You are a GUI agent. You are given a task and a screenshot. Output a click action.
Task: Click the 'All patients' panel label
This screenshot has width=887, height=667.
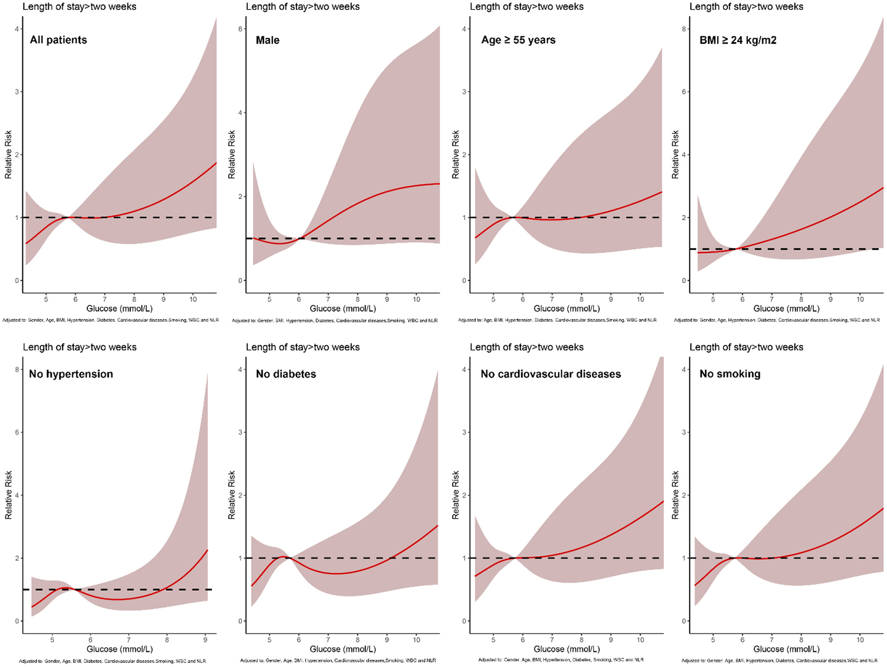(x=58, y=40)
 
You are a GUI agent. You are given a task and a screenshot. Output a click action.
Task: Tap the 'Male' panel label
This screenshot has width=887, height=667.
(x=267, y=40)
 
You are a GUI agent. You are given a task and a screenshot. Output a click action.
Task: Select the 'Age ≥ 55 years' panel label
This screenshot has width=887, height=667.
(x=518, y=40)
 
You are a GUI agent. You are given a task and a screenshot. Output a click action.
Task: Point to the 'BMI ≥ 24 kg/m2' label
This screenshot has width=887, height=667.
(x=738, y=40)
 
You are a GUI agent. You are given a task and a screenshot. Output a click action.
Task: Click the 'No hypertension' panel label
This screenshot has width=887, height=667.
(x=71, y=374)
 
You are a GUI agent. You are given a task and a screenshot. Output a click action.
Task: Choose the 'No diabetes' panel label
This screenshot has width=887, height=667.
(x=286, y=374)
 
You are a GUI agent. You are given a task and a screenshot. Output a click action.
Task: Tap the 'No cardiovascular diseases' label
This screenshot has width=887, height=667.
(x=551, y=374)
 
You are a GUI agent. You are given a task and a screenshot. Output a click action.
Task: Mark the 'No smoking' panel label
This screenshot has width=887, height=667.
(x=730, y=374)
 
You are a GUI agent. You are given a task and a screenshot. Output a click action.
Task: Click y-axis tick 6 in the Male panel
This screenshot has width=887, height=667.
(x=240, y=29)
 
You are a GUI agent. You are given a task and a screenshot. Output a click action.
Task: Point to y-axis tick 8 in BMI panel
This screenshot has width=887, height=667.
(x=684, y=29)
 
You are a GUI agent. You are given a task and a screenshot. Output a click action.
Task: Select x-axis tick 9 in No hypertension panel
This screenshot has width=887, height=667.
(x=205, y=639)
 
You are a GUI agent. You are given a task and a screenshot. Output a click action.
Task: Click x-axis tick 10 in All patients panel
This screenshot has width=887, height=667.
(x=193, y=299)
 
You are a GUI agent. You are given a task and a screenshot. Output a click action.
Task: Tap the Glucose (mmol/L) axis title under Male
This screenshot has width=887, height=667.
(x=343, y=309)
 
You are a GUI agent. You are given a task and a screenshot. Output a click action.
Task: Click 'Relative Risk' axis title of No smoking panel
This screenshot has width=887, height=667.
(x=675, y=494)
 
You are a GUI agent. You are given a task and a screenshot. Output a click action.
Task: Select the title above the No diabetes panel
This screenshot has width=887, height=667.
(x=303, y=347)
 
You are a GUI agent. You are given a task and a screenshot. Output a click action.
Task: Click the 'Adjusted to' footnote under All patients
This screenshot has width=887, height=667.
(x=110, y=320)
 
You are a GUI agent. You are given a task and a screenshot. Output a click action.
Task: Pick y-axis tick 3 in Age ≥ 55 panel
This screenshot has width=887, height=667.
(x=464, y=92)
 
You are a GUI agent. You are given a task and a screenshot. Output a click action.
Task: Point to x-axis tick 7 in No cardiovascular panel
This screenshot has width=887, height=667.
(x=552, y=639)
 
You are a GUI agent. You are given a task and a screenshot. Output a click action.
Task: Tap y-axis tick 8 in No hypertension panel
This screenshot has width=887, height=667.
(x=17, y=370)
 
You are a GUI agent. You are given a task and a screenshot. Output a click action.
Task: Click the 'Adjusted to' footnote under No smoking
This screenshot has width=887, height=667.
(x=779, y=660)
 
